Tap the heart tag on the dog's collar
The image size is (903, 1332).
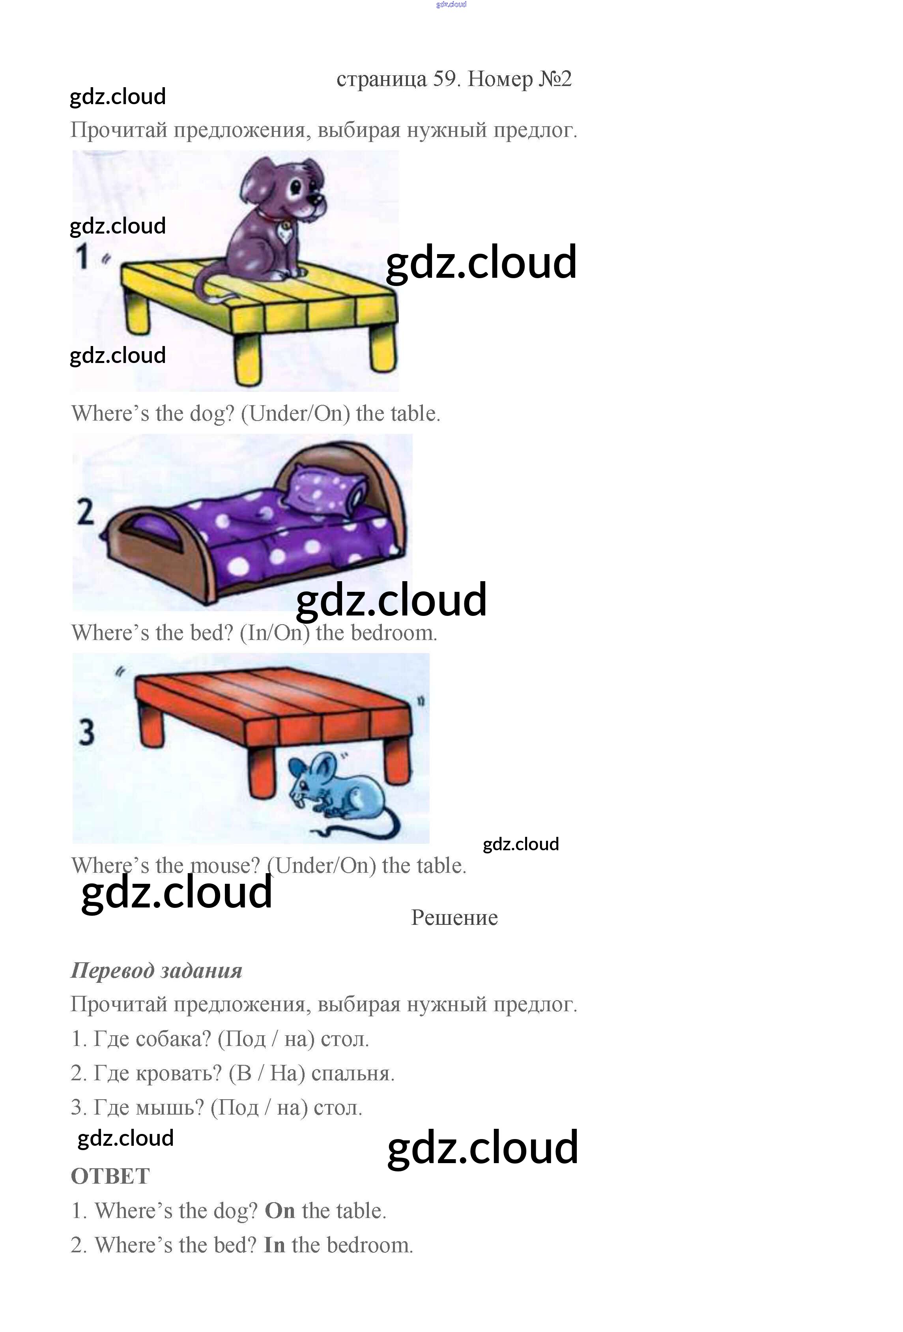pos(283,232)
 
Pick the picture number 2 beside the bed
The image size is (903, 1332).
pos(85,512)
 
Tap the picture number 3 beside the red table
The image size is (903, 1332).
pos(86,733)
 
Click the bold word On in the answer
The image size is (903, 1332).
pos(280,1210)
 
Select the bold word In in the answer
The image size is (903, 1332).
pos(274,1245)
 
